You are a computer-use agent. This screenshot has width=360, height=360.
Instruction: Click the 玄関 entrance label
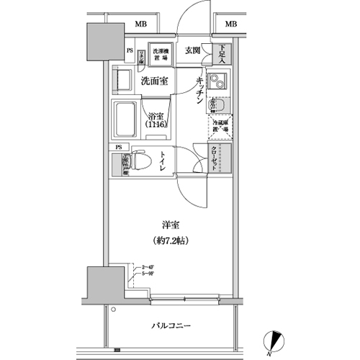click(x=192, y=50)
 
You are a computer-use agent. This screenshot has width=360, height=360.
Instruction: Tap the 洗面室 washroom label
click(x=156, y=81)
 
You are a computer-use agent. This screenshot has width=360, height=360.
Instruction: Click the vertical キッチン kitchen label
click(x=197, y=92)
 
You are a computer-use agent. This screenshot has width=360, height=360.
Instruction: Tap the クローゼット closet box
click(x=216, y=158)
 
